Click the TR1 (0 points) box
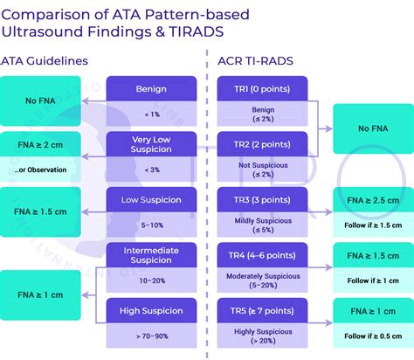pyautogui.click(x=262, y=89)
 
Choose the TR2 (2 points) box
pyautogui.click(x=262, y=145)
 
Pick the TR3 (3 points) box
pyautogui.click(x=262, y=201)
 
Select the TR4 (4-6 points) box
pyautogui.click(x=262, y=257)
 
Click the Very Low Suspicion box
pyautogui.click(x=151, y=145)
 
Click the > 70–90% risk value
pyautogui.click(x=151, y=336)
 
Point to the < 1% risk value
pyautogui.click(x=151, y=114)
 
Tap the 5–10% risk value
pyautogui.click(x=151, y=225)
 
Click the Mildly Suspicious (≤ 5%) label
pyautogui.click(x=262, y=225)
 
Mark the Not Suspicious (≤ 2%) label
pyautogui.click(x=262, y=170)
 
